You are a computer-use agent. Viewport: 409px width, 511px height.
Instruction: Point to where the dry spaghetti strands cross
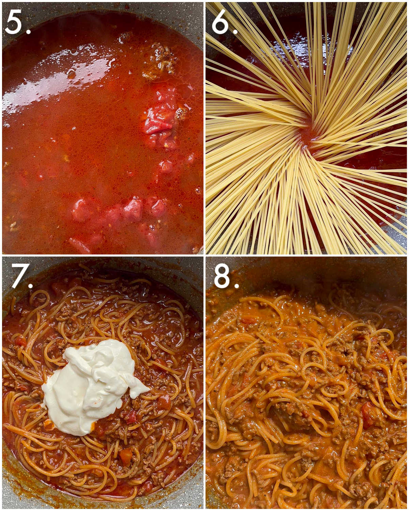(307, 136)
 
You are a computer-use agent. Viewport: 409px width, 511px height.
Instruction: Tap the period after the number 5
(28, 31)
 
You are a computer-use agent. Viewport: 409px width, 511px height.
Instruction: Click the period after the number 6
(235, 31)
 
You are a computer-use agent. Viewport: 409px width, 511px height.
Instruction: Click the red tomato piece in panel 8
(368, 414)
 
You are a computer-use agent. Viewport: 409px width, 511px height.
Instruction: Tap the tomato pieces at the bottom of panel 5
(133, 210)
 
